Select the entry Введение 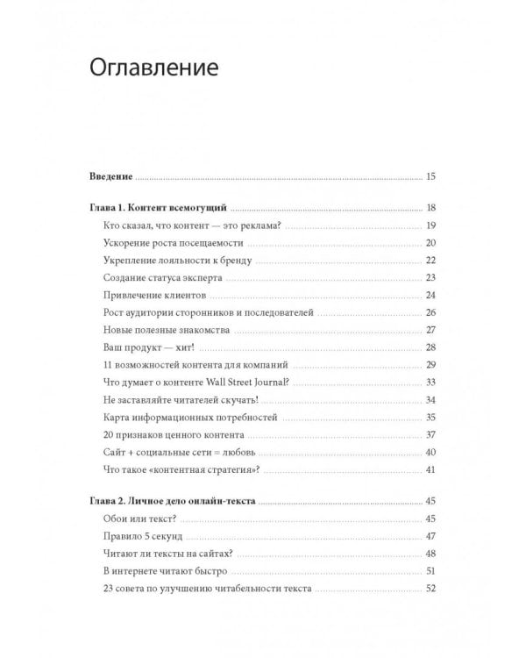pos(110,177)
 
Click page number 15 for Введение pos(430,177)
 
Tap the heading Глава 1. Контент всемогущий pos(159,208)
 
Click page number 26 pos(430,312)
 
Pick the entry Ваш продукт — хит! pos(139,347)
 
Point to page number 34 pos(430,398)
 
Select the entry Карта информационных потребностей pos(177,416)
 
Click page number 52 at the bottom pos(430,588)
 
